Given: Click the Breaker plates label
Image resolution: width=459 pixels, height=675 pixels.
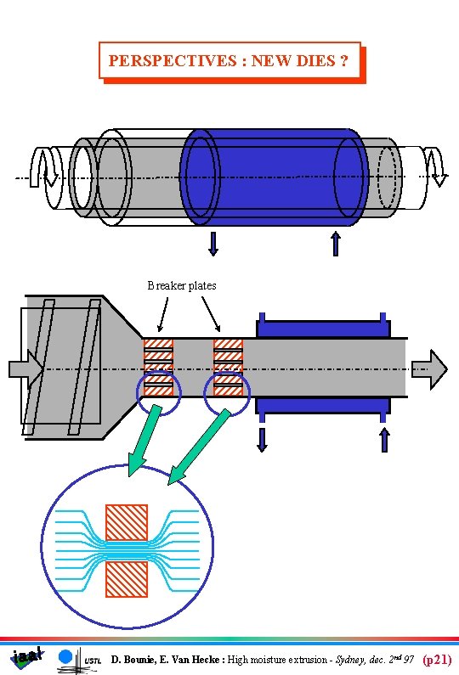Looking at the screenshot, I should coord(182,286).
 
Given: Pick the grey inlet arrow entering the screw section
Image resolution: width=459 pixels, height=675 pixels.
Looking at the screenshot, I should coord(25,368).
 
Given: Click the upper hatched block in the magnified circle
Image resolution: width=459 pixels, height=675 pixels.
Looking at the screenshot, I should coord(126,522).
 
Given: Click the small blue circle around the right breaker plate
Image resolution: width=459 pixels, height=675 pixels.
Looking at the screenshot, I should coord(229,397).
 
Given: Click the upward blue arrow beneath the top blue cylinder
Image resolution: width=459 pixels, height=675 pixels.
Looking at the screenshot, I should coord(336,244).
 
